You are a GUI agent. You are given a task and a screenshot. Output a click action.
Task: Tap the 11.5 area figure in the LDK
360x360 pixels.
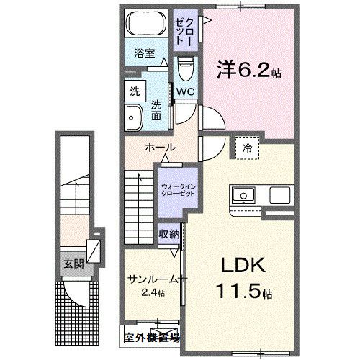(x=238, y=293)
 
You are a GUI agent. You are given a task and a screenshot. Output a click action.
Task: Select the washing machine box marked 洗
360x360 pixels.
(x=135, y=91)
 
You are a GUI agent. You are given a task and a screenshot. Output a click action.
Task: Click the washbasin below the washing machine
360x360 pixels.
(x=135, y=117)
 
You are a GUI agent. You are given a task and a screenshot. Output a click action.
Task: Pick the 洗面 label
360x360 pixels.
(x=156, y=109)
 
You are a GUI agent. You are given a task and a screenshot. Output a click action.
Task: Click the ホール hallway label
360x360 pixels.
(x=160, y=148)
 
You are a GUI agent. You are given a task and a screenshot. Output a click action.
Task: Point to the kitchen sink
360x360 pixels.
(x=241, y=196)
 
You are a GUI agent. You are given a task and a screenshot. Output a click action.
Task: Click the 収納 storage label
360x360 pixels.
(x=170, y=235)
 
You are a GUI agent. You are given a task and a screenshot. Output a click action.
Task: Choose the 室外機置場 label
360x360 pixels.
(x=150, y=336)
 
